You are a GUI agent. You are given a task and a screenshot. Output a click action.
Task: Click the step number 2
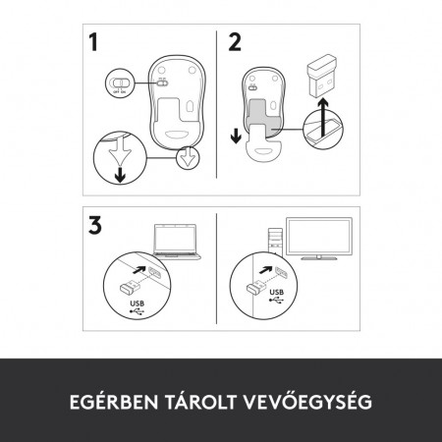click(234, 43)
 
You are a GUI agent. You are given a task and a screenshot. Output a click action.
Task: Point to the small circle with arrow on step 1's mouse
click(187, 157)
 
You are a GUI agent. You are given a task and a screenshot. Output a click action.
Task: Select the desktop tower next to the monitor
click(278, 243)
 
